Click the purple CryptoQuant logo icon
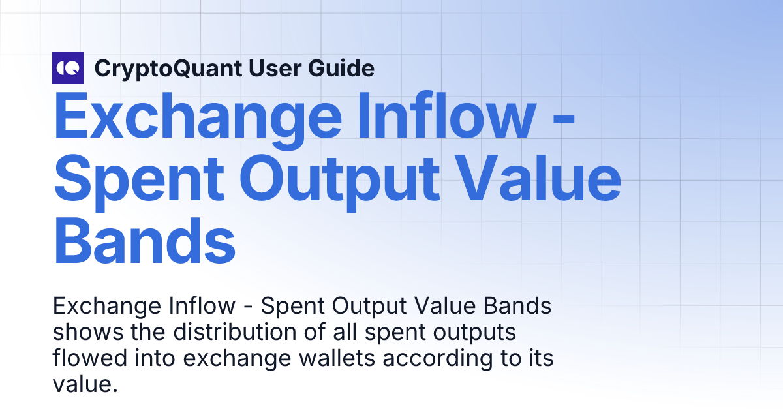click(x=68, y=68)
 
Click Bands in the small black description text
click(x=516, y=307)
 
